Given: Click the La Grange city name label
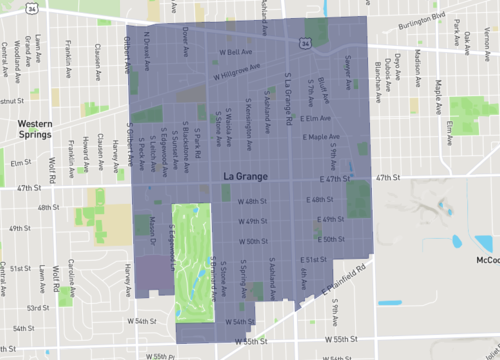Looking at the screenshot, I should [241, 176].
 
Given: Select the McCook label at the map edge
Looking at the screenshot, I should [487, 260].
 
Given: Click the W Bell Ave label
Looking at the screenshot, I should [232, 52].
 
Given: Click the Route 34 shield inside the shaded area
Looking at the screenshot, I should [304, 44].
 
